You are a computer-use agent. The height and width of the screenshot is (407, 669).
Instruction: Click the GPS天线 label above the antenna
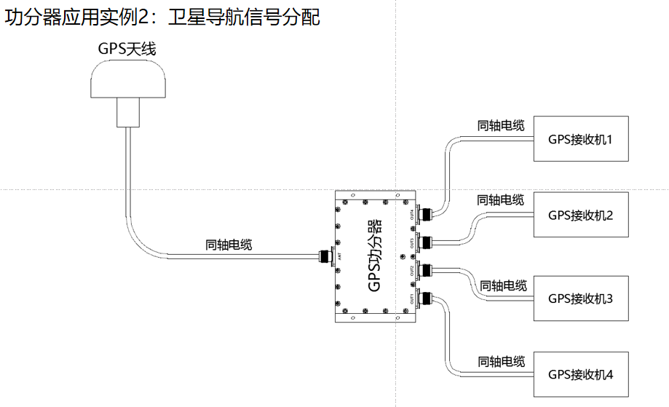127,50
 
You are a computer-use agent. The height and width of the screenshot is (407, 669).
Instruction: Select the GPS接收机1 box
580,138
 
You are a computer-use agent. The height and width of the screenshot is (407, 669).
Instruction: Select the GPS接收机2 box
580,214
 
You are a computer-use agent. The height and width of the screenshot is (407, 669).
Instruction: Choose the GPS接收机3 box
580,298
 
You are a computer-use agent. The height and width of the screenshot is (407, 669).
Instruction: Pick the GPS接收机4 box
580,374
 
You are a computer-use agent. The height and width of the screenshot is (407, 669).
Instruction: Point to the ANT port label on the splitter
341,256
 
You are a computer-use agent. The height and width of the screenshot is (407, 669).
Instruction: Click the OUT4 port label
412,214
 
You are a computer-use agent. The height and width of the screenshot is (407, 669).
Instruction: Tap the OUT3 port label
412,242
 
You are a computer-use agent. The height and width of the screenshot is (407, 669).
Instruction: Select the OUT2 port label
412,271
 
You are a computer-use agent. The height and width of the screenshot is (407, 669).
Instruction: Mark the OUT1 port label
412,299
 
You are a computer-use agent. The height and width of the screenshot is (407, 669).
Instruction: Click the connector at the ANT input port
325,256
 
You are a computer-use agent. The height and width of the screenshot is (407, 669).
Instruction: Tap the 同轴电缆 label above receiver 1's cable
500,126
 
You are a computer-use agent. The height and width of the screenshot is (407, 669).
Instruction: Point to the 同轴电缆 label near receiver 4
501,361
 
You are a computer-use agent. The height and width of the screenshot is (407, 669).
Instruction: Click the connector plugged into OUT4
427,214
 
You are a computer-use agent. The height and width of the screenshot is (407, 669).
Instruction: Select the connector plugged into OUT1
427,298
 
